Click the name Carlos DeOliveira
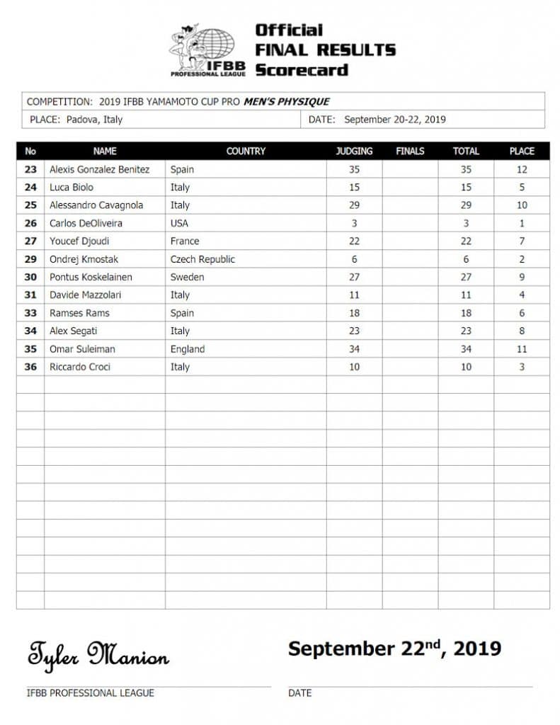point(86,223)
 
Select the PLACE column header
point(522,151)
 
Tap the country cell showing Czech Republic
point(202,259)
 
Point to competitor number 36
point(30,367)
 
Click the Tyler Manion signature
point(98,653)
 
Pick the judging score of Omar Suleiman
point(354,349)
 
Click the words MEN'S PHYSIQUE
point(287,101)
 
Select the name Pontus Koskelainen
point(91,277)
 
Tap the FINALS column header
point(410,151)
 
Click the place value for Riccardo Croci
point(522,367)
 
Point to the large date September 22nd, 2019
point(394,648)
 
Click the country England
point(188,349)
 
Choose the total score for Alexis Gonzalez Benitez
point(466,169)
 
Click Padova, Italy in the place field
point(94,120)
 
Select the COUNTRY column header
point(246,151)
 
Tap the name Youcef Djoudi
point(79,241)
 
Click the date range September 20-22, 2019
point(394,120)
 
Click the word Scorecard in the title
point(302,70)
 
